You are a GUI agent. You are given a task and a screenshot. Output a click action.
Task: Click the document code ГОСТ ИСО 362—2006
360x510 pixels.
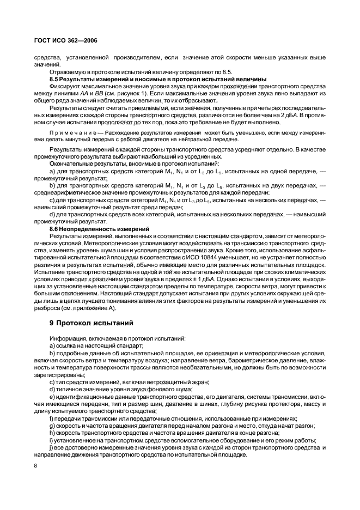click(x=65, y=40)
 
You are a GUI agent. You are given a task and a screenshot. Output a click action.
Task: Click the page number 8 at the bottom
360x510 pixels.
click(x=35, y=466)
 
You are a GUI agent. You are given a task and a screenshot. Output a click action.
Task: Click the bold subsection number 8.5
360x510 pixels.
click(x=55, y=78)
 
